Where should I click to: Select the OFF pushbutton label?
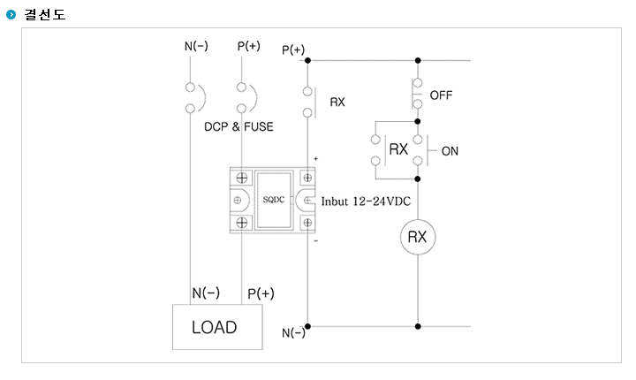coord(441,95)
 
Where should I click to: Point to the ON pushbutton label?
coord(450,151)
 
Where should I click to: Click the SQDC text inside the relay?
coord(274,200)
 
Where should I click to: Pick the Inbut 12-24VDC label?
coord(366,201)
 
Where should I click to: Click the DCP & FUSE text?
coord(238,126)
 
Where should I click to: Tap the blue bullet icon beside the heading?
coord(11,15)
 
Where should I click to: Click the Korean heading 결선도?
coord(45,15)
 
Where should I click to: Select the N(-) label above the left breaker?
coord(196,46)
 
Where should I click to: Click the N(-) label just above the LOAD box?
coord(206,293)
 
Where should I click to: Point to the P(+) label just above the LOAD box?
coord(261,293)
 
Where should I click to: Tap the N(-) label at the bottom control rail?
coord(293,333)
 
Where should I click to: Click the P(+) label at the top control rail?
coord(293,50)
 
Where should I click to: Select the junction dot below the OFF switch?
coord(418,121)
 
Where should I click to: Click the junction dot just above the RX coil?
coord(418,179)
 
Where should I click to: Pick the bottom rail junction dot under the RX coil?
coord(418,326)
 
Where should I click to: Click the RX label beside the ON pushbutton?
coord(398,149)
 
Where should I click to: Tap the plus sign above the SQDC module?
coord(315,159)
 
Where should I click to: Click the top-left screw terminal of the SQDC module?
coord(242,178)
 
